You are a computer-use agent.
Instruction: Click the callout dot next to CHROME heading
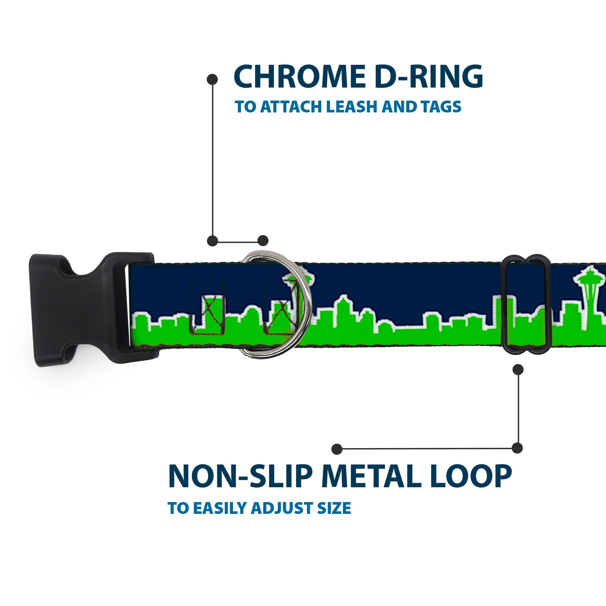coord(212,79)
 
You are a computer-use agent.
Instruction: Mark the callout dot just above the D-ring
coord(263,241)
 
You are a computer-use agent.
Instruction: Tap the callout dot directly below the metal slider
coord(518,370)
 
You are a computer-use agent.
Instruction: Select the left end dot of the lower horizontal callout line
coord(337,449)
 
